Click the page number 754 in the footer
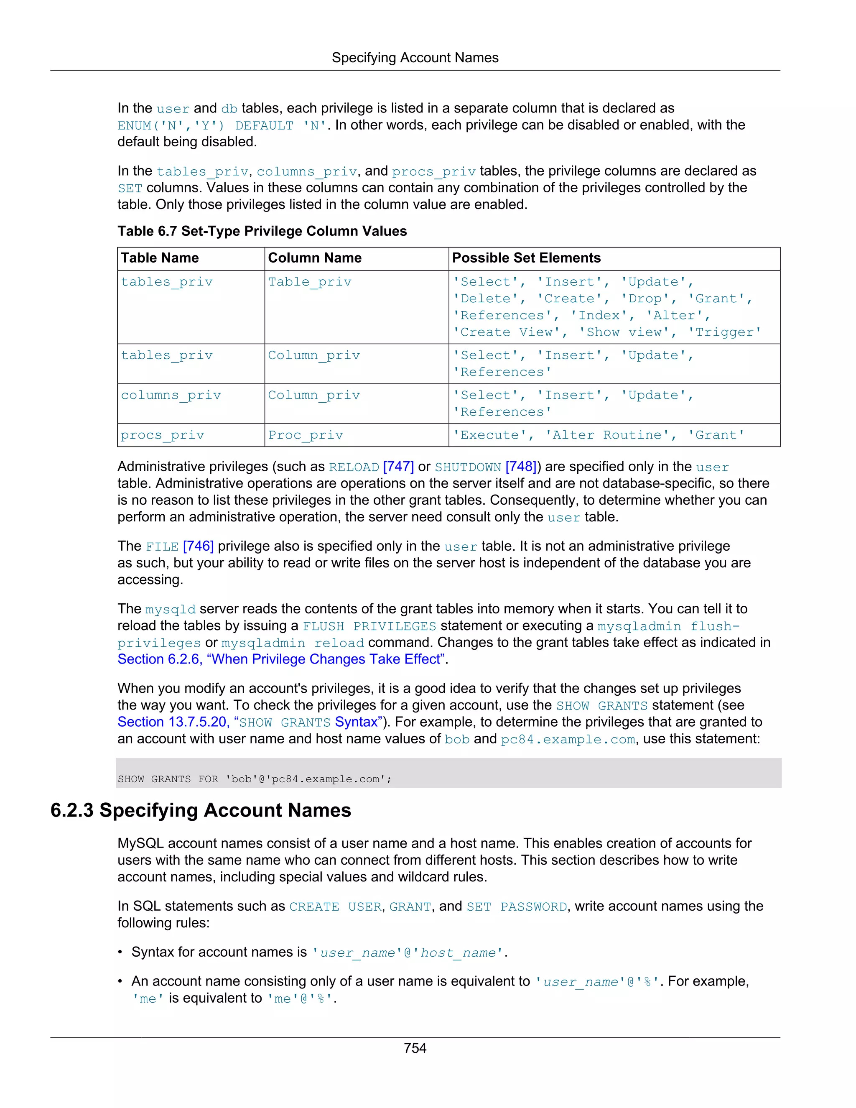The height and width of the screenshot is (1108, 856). [x=415, y=1048]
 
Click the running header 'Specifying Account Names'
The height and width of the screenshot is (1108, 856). [x=415, y=58]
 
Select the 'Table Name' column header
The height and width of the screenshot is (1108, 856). [x=160, y=258]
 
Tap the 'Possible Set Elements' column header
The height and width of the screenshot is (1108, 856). [x=526, y=258]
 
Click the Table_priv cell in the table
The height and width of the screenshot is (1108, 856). [x=309, y=282]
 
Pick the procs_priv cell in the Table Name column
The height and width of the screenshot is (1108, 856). [x=162, y=435]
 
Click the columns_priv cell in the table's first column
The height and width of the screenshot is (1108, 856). [x=171, y=395]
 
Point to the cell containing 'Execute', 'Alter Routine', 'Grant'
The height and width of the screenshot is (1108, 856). [x=599, y=435]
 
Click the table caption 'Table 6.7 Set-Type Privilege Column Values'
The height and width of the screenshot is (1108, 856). [x=262, y=231]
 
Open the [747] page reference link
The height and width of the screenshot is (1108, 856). [x=399, y=467]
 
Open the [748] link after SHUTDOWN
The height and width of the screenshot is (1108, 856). [x=521, y=467]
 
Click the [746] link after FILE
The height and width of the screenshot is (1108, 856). [x=198, y=546]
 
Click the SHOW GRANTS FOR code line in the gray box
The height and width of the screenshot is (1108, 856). [x=255, y=779]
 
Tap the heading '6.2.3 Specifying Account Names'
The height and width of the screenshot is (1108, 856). [x=201, y=811]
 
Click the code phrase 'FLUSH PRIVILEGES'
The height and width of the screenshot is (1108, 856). [x=369, y=627]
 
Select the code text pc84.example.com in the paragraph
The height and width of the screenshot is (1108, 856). [x=568, y=740]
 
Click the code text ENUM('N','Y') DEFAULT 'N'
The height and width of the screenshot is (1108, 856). [x=222, y=126]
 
